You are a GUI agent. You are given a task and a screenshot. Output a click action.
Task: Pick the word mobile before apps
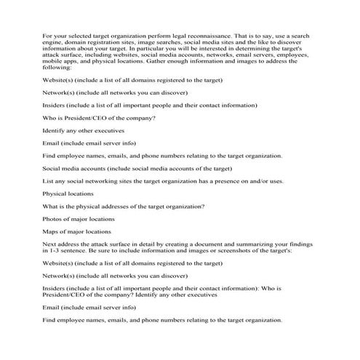tap(52, 61)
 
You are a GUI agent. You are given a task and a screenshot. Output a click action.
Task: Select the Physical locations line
tap(68, 193)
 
